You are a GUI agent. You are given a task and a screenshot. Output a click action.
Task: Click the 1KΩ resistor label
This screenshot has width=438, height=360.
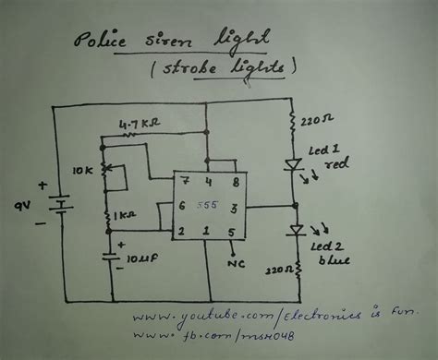(126, 215)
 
